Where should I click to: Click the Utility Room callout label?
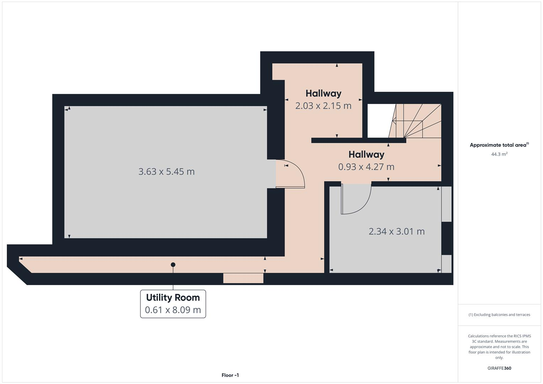point(173,298)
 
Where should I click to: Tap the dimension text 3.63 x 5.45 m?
point(166,172)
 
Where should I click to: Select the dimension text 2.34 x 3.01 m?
point(396,231)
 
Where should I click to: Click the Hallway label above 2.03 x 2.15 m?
point(323,94)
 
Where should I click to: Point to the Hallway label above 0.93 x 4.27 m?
point(366,155)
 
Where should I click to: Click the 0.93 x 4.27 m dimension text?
point(366,167)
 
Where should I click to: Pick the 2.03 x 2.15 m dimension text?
point(323,106)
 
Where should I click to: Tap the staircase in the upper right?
point(416,121)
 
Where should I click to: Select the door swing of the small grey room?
point(356,199)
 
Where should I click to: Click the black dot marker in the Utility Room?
point(173,265)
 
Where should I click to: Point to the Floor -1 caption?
point(230,375)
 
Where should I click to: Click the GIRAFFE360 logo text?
point(499,368)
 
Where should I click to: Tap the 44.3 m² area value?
point(499,154)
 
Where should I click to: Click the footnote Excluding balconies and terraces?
point(499,315)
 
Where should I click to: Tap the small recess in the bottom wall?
point(243,278)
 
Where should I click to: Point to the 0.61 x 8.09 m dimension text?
point(173,310)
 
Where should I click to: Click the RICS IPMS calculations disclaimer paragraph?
point(499,347)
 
